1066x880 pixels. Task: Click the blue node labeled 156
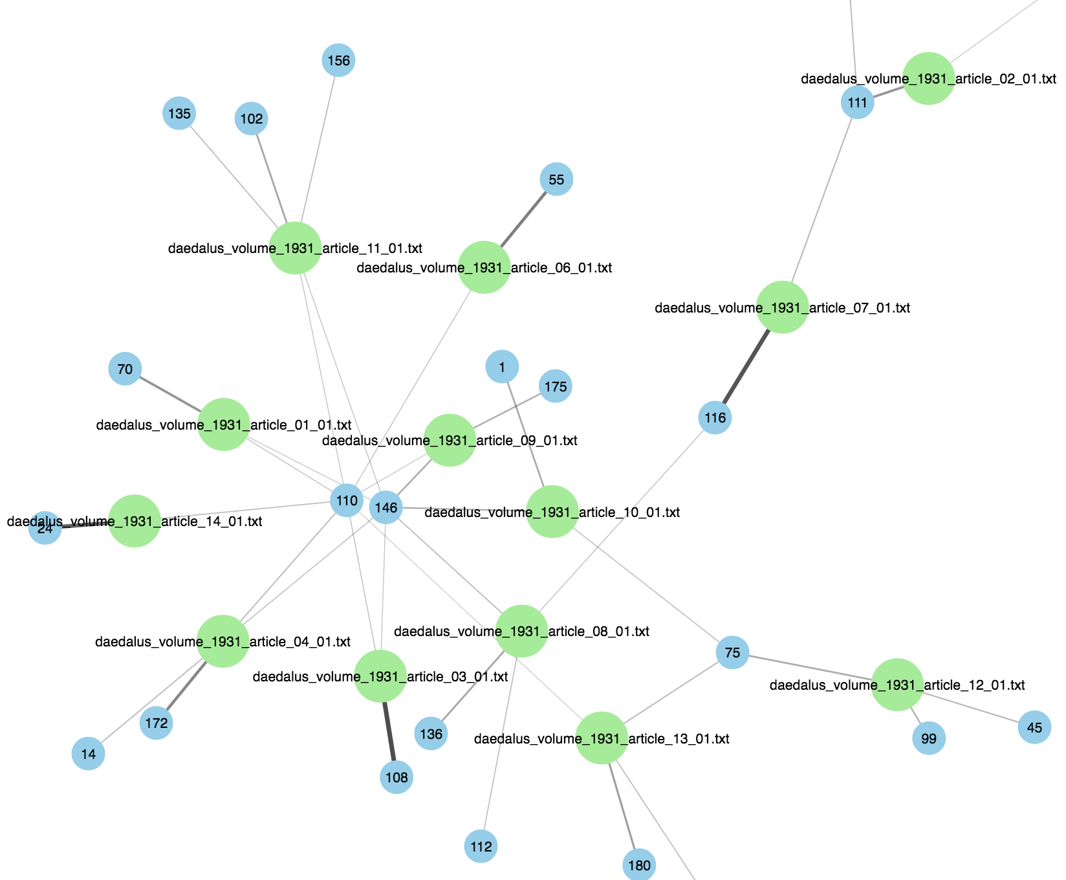[338, 60]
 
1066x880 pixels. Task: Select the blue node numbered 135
[179, 113]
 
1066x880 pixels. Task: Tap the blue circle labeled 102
[251, 118]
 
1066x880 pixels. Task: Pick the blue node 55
[556, 179]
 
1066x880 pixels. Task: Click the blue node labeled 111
[857, 102]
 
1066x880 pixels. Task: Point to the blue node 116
[715, 417]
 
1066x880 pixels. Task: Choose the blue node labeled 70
[125, 369]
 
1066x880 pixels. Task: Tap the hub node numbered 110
[347, 500]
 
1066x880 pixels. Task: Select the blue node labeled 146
[386, 507]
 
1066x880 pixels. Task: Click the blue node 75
[732, 652]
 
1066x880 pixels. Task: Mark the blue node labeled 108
[397, 777]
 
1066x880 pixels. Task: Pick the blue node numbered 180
[639, 865]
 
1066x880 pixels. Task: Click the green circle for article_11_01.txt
[295, 248]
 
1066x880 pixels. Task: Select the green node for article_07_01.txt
[783, 307]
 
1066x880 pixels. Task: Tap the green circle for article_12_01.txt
[897, 685]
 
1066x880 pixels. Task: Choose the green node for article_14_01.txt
[134, 521]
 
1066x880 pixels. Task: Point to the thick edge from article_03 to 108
[389, 731]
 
